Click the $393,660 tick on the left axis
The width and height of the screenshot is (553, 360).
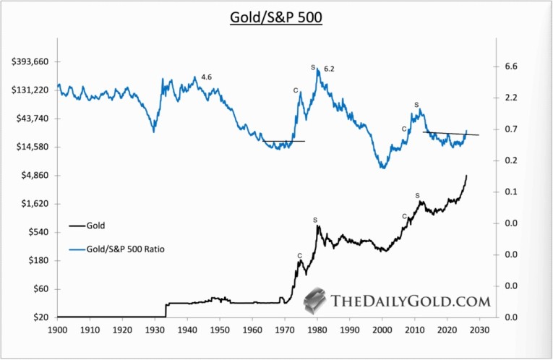click(30, 62)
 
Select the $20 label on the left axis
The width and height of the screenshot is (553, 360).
click(41, 317)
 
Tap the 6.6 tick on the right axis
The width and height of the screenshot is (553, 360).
click(511, 67)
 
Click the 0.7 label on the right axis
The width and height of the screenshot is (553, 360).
click(511, 129)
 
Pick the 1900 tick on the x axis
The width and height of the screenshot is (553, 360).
click(57, 331)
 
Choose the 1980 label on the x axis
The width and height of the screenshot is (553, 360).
click(317, 331)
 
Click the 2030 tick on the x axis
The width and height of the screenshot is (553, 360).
click(480, 331)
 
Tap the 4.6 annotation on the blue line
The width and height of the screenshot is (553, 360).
click(207, 77)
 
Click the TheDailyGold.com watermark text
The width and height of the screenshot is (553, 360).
click(411, 301)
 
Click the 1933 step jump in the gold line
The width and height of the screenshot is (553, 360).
click(166, 309)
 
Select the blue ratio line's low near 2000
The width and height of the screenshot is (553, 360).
click(382, 168)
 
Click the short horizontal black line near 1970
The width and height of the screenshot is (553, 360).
click(283, 141)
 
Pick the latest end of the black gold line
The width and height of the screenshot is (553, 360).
click(467, 176)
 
